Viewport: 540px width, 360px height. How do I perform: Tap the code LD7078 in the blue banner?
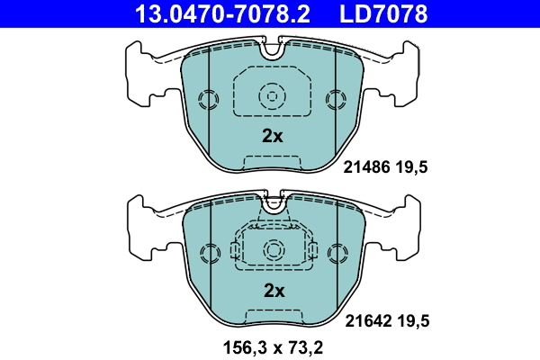click(x=382, y=13)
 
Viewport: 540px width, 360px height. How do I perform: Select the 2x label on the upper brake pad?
click(x=272, y=137)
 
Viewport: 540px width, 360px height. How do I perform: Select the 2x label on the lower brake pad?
click(x=273, y=291)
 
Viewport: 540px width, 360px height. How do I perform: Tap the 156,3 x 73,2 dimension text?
click(x=272, y=346)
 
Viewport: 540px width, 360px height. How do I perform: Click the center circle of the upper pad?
click(x=272, y=94)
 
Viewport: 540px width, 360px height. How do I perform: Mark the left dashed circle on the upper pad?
click(x=208, y=99)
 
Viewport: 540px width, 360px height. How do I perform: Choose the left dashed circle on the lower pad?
click(x=208, y=253)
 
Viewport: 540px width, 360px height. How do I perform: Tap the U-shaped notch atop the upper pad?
click(x=272, y=50)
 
